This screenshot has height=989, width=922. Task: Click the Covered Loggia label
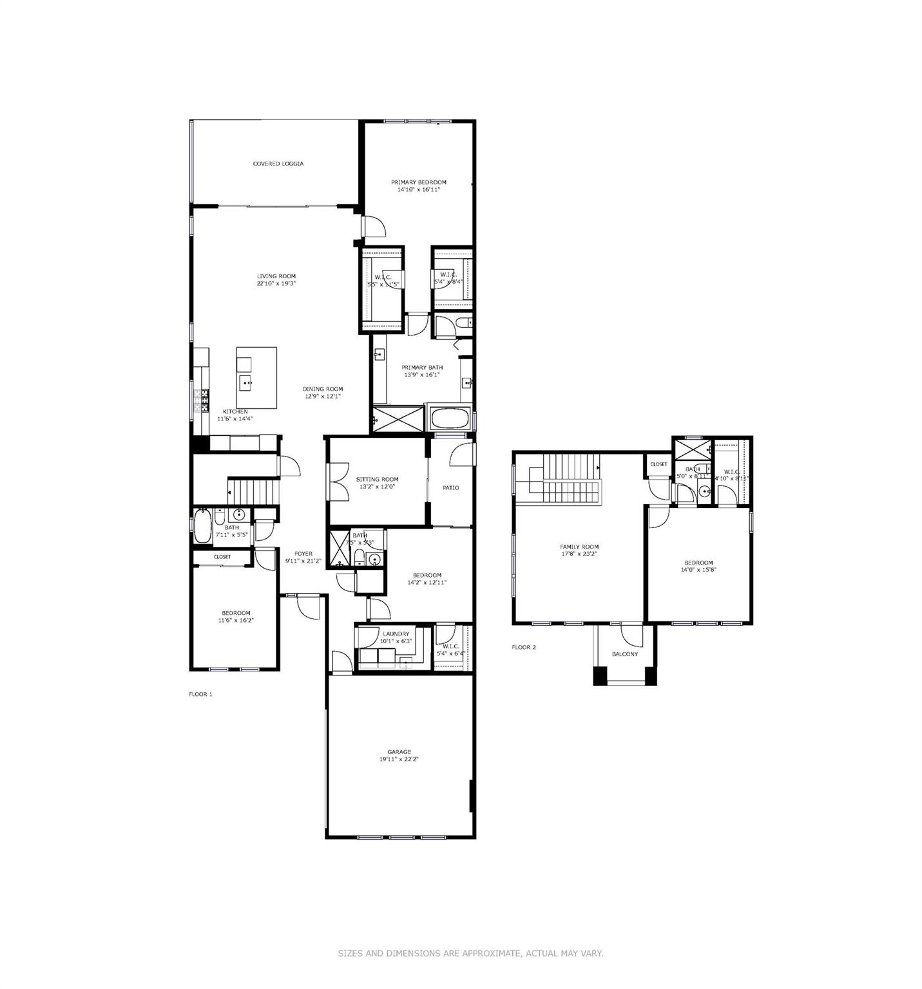tap(278, 164)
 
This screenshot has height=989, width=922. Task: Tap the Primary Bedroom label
tap(418, 182)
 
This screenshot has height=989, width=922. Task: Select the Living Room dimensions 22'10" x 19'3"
tap(276, 283)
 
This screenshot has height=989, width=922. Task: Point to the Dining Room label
tap(323, 389)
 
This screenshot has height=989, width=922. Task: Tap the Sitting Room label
tap(377, 479)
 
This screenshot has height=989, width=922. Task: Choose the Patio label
tap(450, 487)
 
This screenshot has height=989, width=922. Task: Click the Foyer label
tap(303, 554)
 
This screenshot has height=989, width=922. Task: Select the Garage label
tap(399, 751)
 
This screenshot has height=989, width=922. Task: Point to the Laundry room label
tap(396, 634)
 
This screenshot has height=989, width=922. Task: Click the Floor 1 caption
tap(200, 694)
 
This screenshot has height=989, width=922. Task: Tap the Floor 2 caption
tap(523, 647)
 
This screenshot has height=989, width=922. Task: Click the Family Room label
tap(579, 547)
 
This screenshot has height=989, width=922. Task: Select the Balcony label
tap(624, 654)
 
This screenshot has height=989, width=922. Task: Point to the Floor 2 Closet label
tap(658, 464)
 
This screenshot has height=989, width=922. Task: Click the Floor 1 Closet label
tap(222, 556)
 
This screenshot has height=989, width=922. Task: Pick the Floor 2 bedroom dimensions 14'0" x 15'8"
tap(698, 569)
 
